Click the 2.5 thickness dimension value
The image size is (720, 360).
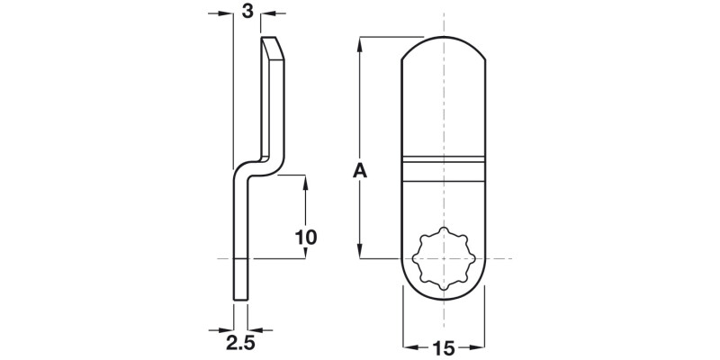239,342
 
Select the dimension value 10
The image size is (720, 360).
306,238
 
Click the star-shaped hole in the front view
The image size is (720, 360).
444,258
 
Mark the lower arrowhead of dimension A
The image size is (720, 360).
360,253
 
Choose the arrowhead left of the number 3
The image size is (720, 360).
226,13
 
